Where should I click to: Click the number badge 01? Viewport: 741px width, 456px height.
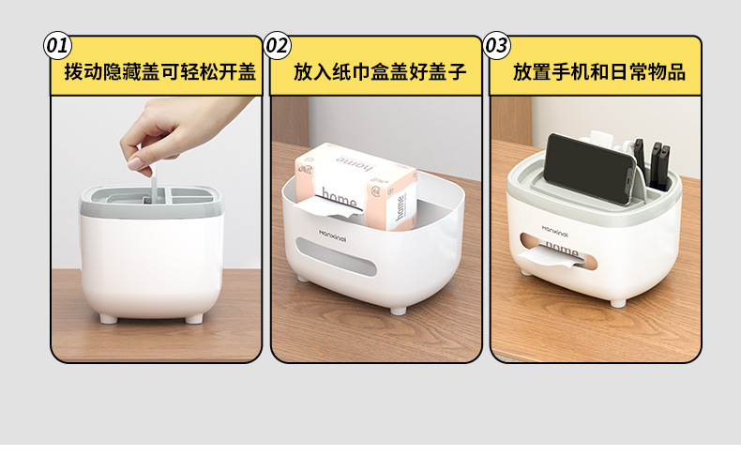58,45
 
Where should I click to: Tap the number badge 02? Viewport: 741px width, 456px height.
278,45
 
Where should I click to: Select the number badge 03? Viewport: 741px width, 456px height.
497,45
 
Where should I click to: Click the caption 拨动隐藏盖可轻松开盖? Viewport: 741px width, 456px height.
160,71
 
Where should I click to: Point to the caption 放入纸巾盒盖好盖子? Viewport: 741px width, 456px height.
380,71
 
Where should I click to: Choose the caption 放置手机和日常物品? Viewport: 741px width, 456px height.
599,71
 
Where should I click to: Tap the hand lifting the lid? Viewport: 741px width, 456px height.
178,131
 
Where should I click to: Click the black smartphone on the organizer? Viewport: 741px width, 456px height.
591,169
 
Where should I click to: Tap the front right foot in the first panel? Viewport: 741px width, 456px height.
194,318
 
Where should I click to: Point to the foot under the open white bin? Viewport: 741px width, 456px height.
399,308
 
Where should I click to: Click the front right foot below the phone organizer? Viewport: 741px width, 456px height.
617,301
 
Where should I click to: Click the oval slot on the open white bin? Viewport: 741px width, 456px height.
336,268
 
